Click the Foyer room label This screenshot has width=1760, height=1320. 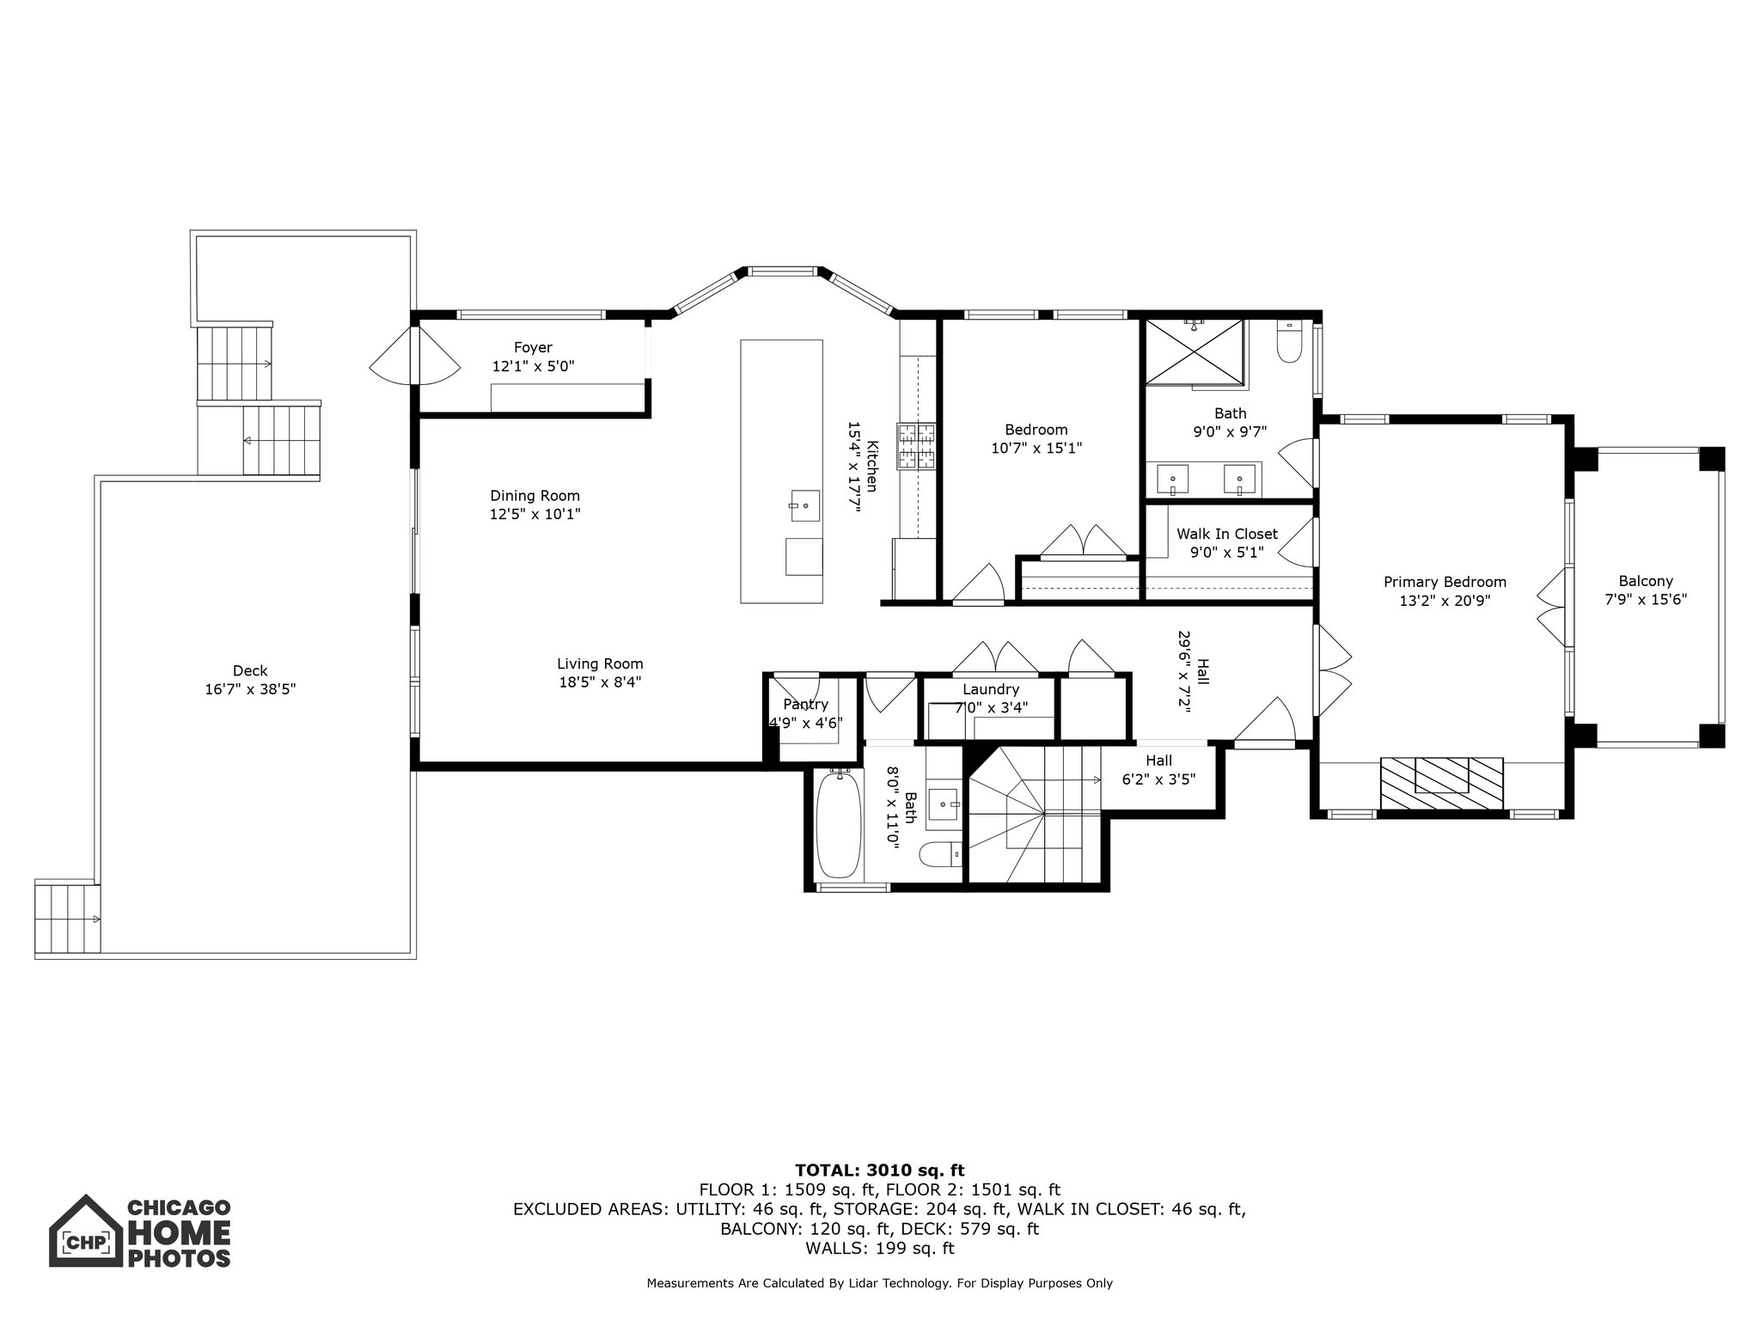533,347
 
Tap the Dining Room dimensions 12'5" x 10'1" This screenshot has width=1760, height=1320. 535,514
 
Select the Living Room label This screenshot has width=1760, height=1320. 600,663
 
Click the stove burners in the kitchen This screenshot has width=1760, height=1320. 916,446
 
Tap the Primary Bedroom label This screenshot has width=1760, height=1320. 1445,582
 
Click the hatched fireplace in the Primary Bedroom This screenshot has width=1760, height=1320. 1442,782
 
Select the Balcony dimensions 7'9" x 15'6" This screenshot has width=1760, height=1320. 1646,600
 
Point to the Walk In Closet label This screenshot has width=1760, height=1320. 1226,534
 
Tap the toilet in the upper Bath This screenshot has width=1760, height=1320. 1290,345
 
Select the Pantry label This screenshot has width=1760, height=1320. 805,705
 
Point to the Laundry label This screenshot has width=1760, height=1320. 990,689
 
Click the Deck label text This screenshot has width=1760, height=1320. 250,670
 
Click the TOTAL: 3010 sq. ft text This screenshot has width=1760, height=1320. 879,1170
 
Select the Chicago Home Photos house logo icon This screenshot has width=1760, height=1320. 84,1231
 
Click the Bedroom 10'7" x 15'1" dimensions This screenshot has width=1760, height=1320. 1036,448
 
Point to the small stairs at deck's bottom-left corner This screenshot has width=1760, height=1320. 67,917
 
